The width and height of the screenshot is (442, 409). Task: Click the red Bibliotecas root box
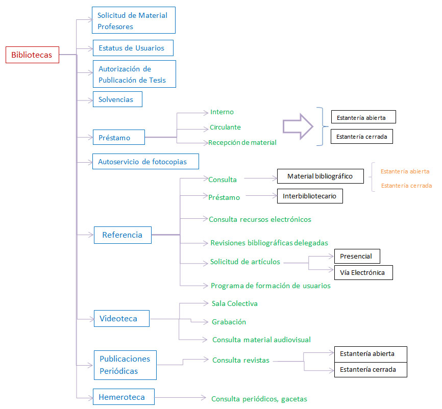[33, 55]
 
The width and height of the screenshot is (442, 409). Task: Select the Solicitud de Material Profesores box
[134, 20]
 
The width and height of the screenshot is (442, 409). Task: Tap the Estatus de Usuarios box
[133, 48]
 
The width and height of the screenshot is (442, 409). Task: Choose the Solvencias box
[117, 99]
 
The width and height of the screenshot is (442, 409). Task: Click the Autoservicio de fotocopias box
[146, 161]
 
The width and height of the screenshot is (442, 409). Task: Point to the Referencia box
[122, 235]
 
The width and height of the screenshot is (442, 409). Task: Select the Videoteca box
[122, 319]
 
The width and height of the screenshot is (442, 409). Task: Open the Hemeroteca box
[124, 397]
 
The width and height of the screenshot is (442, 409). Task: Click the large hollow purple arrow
[298, 126]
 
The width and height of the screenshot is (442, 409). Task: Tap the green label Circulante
[225, 127]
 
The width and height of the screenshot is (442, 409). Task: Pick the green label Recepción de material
[242, 142]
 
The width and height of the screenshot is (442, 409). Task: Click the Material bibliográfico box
[321, 176]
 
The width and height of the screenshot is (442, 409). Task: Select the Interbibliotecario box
[310, 196]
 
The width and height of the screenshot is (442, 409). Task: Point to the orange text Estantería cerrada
[406, 186]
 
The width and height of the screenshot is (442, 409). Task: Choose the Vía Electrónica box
[363, 273]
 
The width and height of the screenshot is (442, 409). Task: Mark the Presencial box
[357, 257]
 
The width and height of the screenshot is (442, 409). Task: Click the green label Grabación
[229, 322]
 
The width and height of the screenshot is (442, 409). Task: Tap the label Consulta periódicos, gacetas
[259, 399]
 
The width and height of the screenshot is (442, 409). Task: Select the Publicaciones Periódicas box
[125, 365]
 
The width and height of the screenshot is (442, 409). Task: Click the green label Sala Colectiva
[235, 303]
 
